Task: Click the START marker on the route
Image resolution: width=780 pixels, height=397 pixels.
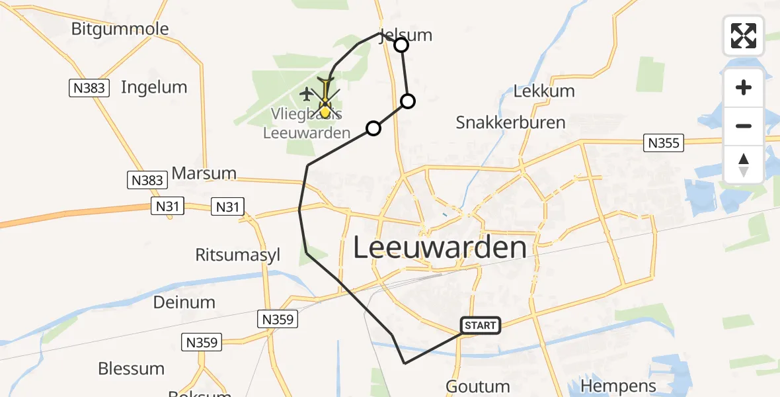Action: pos(480,326)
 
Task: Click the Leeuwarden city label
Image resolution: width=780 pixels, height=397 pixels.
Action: pos(440,248)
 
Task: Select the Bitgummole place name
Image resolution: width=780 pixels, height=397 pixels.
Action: pos(120,29)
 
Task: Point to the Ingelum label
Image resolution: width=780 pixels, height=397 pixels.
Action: pos(154,87)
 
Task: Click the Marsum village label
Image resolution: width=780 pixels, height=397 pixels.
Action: pos(204,173)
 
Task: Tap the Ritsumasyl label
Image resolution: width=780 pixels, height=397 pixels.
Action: pos(238,255)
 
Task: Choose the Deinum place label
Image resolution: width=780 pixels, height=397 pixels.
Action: pos(184,302)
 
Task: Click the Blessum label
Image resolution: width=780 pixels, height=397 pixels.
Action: pos(131,369)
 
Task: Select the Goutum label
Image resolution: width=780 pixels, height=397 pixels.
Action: pos(478,386)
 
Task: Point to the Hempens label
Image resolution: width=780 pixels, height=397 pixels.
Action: pos(618,386)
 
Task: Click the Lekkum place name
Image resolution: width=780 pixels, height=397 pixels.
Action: pos(544,91)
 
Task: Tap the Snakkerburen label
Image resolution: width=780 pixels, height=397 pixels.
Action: pos(511,122)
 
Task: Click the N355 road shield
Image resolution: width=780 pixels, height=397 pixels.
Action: pos(664,142)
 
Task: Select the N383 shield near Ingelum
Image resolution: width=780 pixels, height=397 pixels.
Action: pos(89,87)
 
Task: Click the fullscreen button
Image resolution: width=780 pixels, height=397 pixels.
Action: pos(744,36)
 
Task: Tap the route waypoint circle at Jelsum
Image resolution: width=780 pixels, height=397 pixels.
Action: pos(401,45)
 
